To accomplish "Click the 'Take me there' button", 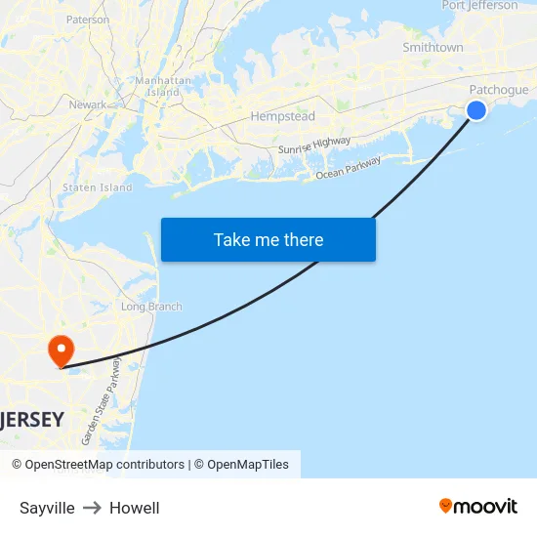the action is [x=268, y=240].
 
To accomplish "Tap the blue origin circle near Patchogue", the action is [x=476, y=110].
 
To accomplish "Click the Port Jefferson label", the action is [x=479, y=6].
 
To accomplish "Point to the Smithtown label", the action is [x=433, y=47].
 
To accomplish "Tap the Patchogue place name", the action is [x=498, y=90].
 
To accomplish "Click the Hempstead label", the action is [x=282, y=116].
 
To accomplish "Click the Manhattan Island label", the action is [x=156, y=86].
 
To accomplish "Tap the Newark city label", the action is [x=88, y=104].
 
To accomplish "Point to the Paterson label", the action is [x=88, y=20].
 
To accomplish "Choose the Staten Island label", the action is [x=97, y=187].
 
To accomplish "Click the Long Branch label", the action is [x=151, y=307].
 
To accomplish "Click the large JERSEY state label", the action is [x=33, y=420].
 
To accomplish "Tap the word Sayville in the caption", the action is [x=47, y=508].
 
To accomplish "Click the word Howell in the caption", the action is [x=134, y=508].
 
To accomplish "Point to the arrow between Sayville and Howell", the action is [x=92, y=508].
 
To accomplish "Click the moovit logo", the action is [x=477, y=506].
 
